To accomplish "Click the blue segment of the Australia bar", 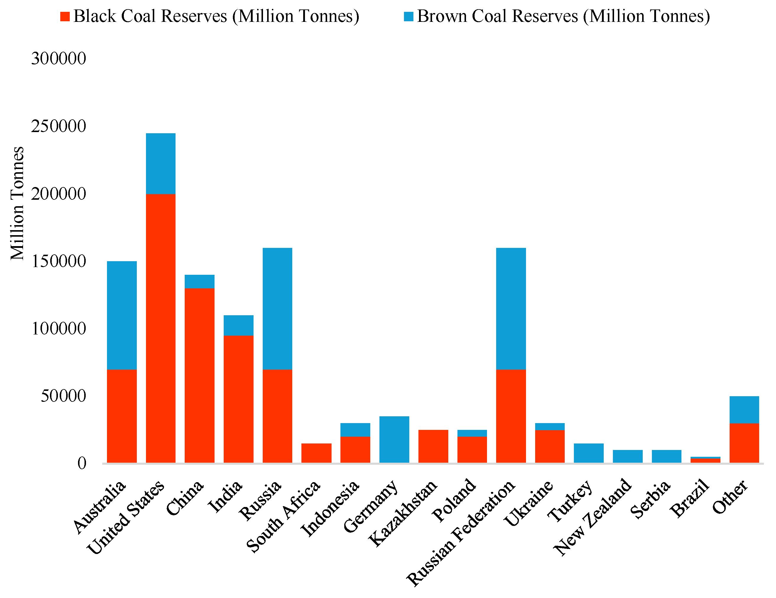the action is coord(122,316).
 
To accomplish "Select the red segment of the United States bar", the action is coord(160,328).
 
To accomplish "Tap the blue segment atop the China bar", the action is coord(199,281).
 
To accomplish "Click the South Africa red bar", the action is coord(316,453).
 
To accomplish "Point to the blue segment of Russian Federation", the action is coord(511,309).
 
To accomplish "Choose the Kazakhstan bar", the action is coord(433,446).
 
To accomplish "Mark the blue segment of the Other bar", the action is coord(744,410).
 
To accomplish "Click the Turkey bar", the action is coord(589,453).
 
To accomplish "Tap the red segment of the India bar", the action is coord(238,399).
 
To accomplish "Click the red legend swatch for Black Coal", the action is coord(65,16).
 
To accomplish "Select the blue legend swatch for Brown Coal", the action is coord(409,16).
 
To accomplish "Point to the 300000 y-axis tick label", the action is coord(59,58).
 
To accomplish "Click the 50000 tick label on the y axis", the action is coord(63,396).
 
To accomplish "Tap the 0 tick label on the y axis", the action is coord(82,463).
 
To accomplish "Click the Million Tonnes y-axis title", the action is coord(17,203).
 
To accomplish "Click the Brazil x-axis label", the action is coord(690,498).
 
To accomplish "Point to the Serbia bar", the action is coord(667,456).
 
